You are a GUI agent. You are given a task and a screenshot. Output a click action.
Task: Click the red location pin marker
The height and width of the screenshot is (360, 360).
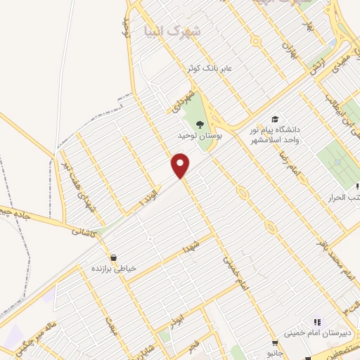[x=181, y=165]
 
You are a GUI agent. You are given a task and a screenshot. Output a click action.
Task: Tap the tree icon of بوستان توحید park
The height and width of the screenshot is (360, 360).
[x=201, y=124]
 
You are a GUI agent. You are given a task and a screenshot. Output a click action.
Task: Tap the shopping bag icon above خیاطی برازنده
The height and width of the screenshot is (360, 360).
[x=114, y=257]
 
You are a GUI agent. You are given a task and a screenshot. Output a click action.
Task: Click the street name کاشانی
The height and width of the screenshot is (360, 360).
[x=84, y=230]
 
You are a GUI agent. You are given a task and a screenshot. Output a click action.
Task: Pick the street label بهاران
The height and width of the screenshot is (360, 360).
[x=289, y=49]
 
